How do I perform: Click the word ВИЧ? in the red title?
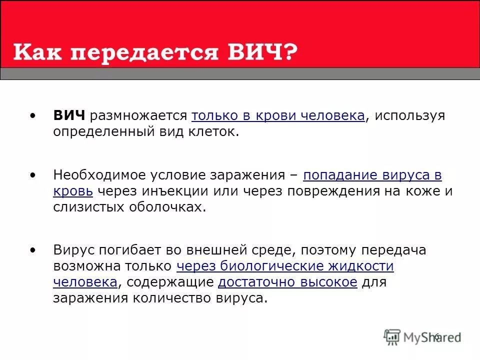click(x=262, y=51)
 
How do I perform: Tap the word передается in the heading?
click(x=144, y=53)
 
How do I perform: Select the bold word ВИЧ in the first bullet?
click(x=69, y=115)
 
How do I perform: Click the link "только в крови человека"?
click(x=278, y=116)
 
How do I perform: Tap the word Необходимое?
click(x=99, y=175)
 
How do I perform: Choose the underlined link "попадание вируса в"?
click(x=372, y=175)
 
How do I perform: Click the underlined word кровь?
click(x=73, y=191)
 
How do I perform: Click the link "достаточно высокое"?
click(x=287, y=282)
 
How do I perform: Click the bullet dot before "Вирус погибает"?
click(x=33, y=250)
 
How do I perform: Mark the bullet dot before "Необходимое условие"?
click(x=33, y=175)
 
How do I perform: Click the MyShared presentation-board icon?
click(x=392, y=337)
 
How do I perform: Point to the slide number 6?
click(x=437, y=336)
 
